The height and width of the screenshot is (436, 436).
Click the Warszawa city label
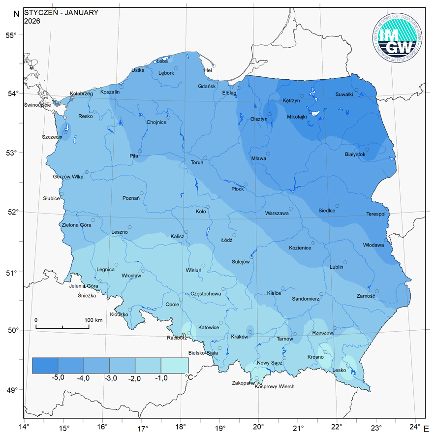[277, 214]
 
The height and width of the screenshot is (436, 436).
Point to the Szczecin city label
[52, 137]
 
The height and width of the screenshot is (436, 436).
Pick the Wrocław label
[131, 276]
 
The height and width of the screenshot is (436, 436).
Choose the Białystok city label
[355, 155]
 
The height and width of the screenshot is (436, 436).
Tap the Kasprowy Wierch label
[275, 387]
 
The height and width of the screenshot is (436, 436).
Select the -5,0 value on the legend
[58, 378]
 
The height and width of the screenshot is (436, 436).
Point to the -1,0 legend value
[161, 378]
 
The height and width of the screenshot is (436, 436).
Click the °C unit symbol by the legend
[188, 377]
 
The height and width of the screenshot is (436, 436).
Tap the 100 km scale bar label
[93, 320]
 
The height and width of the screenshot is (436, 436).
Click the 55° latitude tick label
[11, 35]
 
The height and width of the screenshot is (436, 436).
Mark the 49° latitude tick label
[11, 390]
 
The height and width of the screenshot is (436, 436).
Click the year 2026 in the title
[31, 21]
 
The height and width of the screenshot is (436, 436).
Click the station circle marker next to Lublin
[345, 262]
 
